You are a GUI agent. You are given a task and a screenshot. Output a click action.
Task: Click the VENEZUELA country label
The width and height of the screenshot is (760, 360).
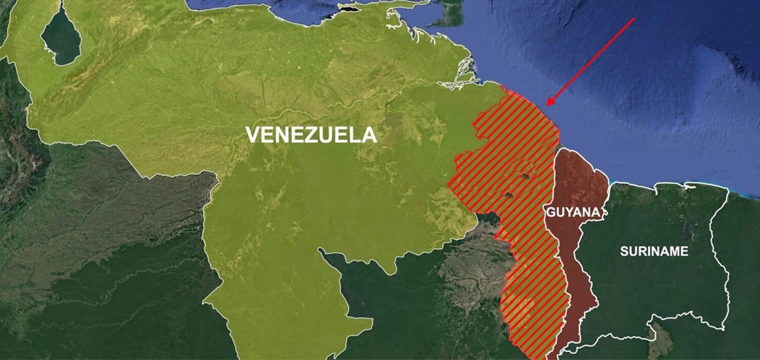pos(311,135)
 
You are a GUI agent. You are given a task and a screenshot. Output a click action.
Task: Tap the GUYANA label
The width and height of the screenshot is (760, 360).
pos(574,213)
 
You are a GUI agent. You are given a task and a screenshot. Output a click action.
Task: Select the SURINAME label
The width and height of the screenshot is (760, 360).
pos(654,251)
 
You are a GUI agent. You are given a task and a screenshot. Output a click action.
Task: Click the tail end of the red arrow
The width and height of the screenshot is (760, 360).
pos(633,20)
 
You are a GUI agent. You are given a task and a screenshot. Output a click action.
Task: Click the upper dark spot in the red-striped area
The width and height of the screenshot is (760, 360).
pos(525,177)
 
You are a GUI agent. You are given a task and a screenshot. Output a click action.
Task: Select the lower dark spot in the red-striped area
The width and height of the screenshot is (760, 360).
pos(510,195)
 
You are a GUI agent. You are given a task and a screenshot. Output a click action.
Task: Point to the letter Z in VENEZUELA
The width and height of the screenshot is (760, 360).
pos(313,135)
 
